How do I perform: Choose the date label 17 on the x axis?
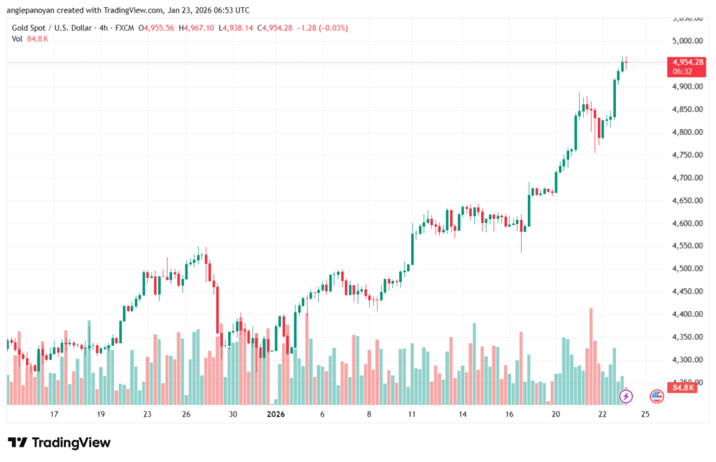click(x=54, y=414)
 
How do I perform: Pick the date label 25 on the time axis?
click(x=645, y=414)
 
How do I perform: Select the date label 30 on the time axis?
click(x=233, y=414)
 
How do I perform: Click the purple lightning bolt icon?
click(x=626, y=396)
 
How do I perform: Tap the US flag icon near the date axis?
click(x=657, y=396)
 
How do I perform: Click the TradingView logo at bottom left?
click(x=59, y=442)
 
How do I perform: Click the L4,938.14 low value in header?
click(x=237, y=28)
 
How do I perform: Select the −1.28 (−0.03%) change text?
click(x=322, y=28)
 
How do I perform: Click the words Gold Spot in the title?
click(x=32, y=28)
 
